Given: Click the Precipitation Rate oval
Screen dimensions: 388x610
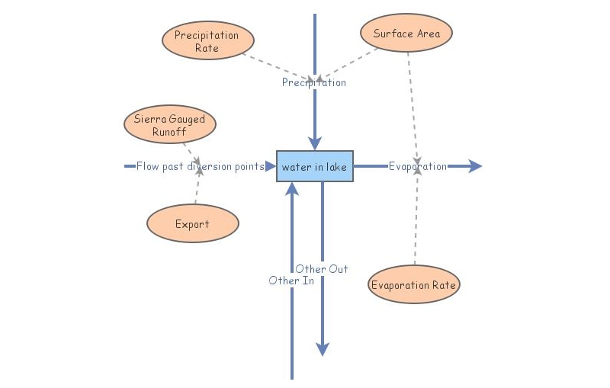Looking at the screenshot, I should [x=207, y=40].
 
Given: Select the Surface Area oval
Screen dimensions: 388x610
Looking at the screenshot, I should [x=406, y=34].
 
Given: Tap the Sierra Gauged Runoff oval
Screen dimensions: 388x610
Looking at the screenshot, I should [x=169, y=125].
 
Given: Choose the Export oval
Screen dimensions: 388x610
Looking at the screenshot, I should [x=192, y=224].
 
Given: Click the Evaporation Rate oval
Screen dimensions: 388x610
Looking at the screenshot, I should [x=414, y=285].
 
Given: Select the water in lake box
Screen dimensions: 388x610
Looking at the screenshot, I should [x=314, y=166].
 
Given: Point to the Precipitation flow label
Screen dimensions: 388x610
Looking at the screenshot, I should [x=313, y=82].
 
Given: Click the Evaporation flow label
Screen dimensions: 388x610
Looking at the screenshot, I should [x=417, y=166].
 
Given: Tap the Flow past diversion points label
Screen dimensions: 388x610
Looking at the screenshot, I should [x=200, y=166].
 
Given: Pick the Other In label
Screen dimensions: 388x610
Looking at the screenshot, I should [x=291, y=281].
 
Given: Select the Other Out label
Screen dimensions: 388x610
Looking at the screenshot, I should [x=322, y=269].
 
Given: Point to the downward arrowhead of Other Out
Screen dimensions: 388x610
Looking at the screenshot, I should [x=323, y=349].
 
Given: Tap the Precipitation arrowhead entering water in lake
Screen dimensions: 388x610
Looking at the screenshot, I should [x=314, y=143].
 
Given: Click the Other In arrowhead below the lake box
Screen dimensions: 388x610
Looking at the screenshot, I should [x=292, y=189].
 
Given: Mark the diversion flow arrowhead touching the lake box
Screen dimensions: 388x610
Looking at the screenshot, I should [x=270, y=166].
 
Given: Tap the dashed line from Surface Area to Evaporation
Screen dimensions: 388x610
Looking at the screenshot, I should [x=413, y=99].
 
